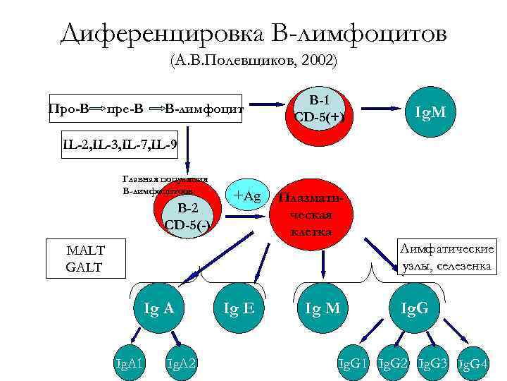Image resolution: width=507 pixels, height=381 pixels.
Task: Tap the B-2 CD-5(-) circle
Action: [x=187, y=216]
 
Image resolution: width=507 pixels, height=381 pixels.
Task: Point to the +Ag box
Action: [x=247, y=196]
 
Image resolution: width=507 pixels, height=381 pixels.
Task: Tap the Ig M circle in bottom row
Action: [x=323, y=308]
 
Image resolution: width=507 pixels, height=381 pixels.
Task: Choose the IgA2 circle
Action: [x=181, y=362]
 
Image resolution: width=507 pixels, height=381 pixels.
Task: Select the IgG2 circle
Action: [x=392, y=363]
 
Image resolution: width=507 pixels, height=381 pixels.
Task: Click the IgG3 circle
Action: [x=432, y=363]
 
